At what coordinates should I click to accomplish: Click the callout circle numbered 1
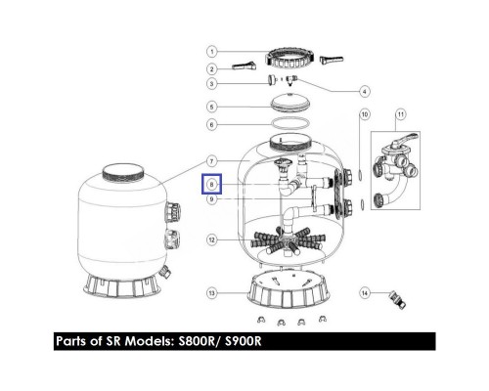pyautogui.click(x=210, y=51)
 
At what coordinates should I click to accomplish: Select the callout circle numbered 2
pyautogui.click(x=210, y=69)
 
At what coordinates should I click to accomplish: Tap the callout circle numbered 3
pyautogui.click(x=210, y=87)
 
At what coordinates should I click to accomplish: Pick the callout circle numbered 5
pyautogui.click(x=210, y=107)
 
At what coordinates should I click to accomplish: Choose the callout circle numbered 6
pyautogui.click(x=210, y=124)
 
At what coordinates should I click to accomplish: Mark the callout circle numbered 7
pyautogui.click(x=210, y=161)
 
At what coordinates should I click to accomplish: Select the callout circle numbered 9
pyautogui.click(x=210, y=198)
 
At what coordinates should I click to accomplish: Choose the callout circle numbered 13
pyautogui.click(x=210, y=291)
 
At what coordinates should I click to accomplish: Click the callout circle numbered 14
pyautogui.click(x=364, y=291)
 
